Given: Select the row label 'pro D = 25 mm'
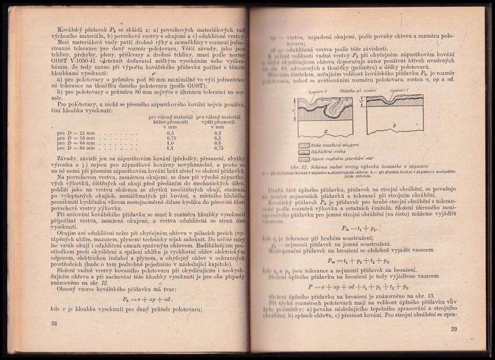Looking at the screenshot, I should click(71, 133).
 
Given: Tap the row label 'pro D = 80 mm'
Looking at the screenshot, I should click(71, 148).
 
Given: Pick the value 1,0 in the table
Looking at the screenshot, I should click(171, 143).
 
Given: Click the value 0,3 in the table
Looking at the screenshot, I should click(218, 133).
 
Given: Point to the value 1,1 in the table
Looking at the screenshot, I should click(171, 148).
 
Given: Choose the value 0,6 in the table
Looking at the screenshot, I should click(218, 143).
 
